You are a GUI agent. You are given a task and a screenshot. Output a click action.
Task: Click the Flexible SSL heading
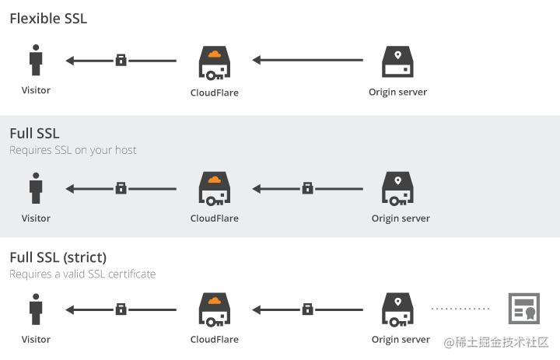[48, 19]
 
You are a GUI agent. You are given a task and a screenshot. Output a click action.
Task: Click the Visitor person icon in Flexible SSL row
[36, 60]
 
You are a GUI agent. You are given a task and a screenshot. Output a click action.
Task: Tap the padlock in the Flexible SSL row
[121, 60]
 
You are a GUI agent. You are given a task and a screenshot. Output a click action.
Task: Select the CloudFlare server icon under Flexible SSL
[215, 62]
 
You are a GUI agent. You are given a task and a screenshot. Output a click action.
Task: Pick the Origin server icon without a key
[397, 61]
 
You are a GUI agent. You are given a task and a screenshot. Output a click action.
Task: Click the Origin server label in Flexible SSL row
[398, 93]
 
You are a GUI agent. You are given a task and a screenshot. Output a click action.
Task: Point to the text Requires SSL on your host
[73, 150]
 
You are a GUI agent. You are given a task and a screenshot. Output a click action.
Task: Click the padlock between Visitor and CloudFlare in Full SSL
[121, 188]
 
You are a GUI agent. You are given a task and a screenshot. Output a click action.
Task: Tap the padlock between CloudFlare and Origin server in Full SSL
[307, 188]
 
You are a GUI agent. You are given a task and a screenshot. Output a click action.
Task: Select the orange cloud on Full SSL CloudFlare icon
[215, 180]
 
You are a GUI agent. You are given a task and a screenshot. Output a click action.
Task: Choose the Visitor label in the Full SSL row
[36, 218]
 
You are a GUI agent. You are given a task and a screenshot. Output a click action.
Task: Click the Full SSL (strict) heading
[58, 257]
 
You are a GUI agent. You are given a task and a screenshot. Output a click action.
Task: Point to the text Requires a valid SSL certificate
[82, 274]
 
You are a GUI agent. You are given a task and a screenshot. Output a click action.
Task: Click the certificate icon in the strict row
[524, 309]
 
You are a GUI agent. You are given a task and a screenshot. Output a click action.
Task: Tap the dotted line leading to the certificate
[460, 309]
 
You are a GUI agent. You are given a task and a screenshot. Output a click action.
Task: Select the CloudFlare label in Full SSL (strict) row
[215, 339]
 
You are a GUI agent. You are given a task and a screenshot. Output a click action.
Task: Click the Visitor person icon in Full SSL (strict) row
[36, 309]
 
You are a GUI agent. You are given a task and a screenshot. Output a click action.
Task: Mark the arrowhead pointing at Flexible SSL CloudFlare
[257, 60]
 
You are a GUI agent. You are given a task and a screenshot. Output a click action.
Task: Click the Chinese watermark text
[496, 342]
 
